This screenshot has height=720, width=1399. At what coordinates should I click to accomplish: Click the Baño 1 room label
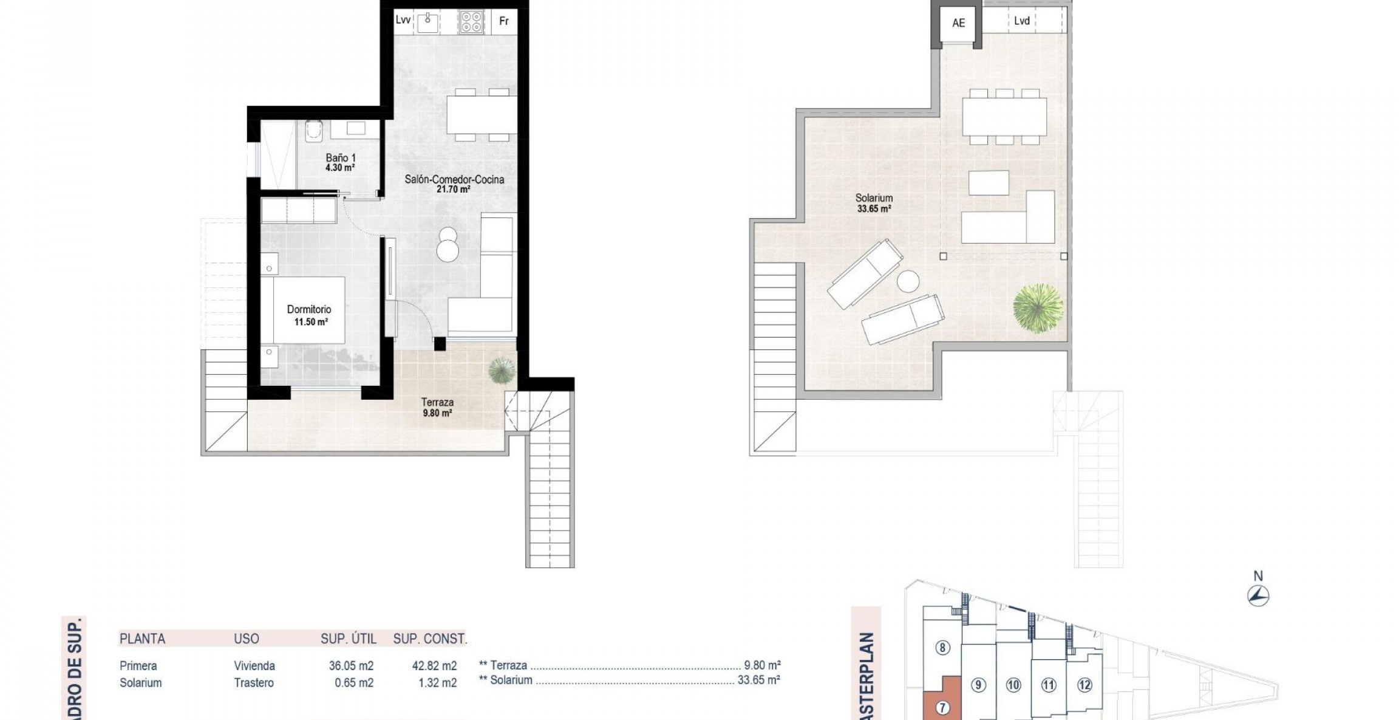click(340, 162)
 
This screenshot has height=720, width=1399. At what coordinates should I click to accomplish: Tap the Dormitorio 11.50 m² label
click(310, 315)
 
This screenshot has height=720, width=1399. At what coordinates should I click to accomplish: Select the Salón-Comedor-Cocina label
click(454, 183)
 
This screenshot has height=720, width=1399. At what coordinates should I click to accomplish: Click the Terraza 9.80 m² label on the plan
click(437, 407)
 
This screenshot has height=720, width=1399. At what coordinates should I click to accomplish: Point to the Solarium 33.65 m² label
click(874, 203)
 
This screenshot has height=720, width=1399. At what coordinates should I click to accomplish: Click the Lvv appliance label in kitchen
click(403, 20)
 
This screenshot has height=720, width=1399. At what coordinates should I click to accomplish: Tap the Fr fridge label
click(503, 21)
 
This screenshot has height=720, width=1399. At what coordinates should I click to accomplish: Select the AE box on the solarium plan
click(958, 23)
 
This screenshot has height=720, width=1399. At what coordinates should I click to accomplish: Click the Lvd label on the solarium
click(1022, 21)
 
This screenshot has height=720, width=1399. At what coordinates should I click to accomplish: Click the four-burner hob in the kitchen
click(471, 22)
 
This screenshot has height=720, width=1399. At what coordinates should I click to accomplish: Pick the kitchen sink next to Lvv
click(428, 22)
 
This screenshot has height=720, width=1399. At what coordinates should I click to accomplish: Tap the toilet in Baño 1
click(313, 131)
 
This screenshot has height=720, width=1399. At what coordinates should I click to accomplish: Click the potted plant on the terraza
click(502, 370)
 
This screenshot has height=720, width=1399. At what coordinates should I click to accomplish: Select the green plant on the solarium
click(1038, 308)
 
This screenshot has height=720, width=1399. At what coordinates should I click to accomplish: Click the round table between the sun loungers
click(908, 282)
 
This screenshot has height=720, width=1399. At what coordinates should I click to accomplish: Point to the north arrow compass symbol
click(1258, 595)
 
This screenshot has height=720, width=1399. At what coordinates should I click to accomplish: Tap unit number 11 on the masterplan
click(1049, 685)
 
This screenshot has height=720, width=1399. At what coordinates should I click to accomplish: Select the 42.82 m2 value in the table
click(434, 666)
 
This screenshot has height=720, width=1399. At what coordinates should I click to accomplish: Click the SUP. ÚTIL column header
click(349, 639)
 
